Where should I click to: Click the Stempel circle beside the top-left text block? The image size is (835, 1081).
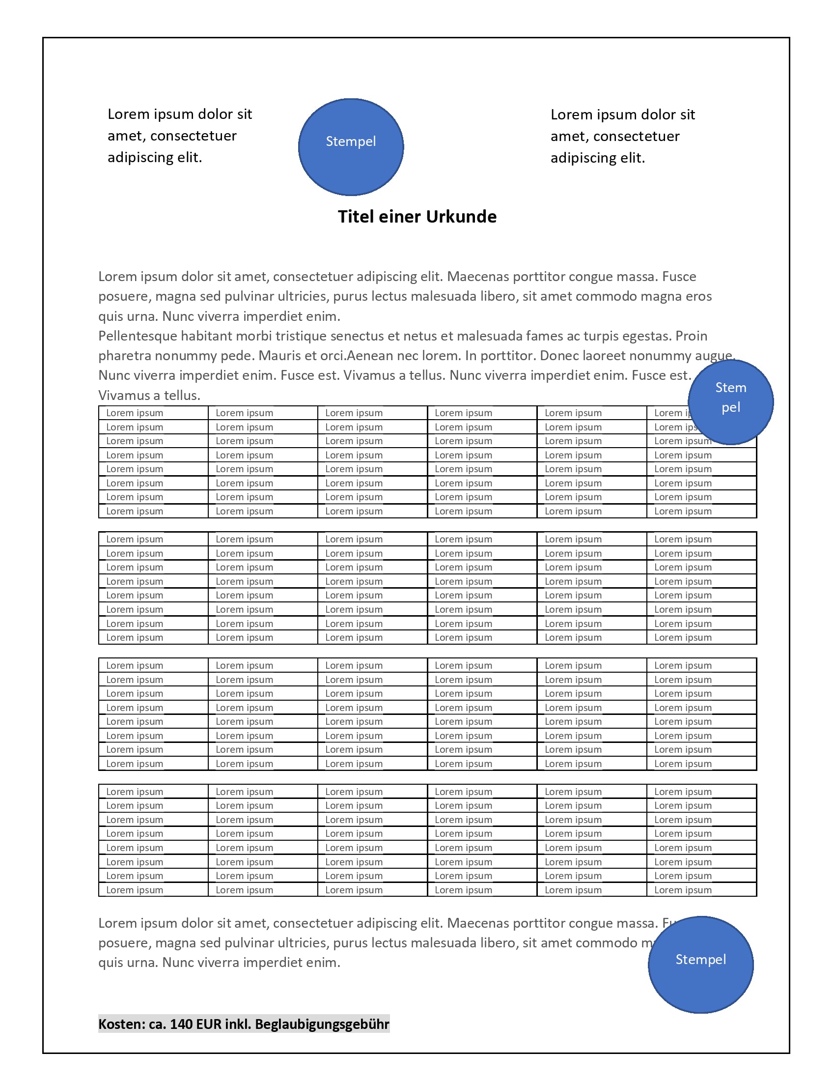click(x=351, y=147)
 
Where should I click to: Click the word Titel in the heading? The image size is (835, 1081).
click(x=355, y=217)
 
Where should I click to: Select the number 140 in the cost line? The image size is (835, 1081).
click(x=181, y=1024)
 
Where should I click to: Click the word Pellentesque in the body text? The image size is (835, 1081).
click(x=138, y=336)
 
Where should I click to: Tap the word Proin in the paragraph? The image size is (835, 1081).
click(x=691, y=336)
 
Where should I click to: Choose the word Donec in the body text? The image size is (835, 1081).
click(x=559, y=356)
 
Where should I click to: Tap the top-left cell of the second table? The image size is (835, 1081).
click(x=153, y=539)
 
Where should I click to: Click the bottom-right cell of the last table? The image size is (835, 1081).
click(x=701, y=890)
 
